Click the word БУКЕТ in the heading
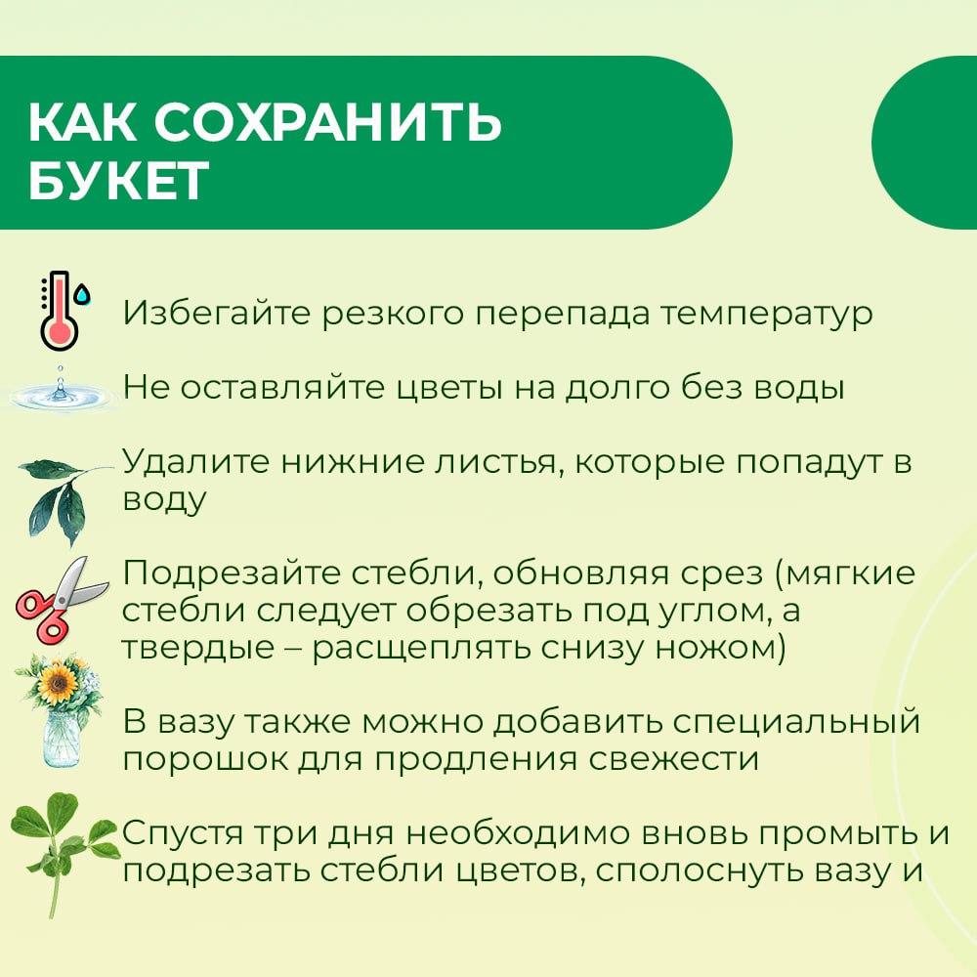click(118, 181)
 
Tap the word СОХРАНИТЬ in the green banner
click(327, 121)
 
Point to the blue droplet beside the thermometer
click(82, 294)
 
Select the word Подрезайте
click(231, 574)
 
